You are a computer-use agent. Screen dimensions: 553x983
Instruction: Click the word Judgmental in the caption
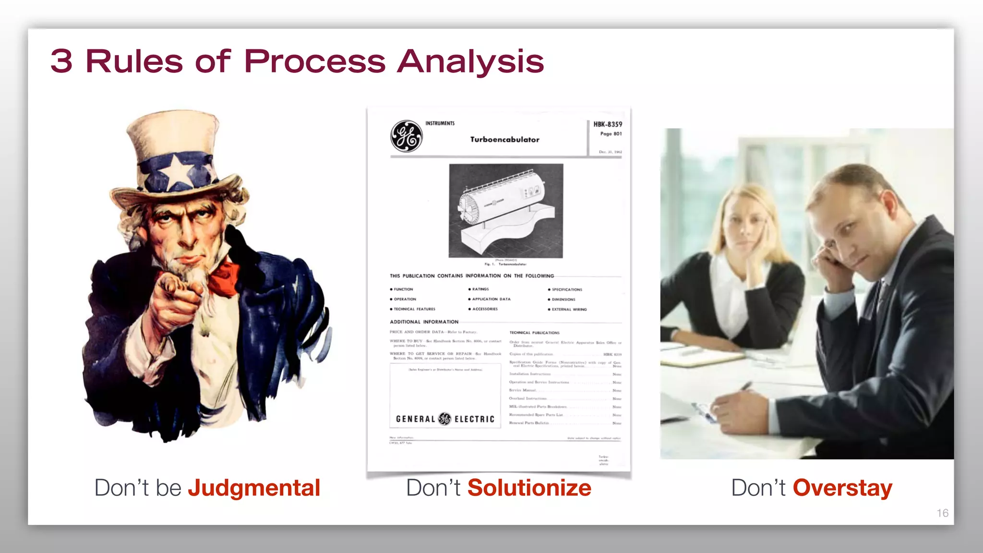[x=254, y=488]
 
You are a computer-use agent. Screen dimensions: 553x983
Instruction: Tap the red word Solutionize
[x=529, y=488]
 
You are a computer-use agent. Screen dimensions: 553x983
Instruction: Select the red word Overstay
[x=842, y=488]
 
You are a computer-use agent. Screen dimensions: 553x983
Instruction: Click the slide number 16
[x=942, y=513]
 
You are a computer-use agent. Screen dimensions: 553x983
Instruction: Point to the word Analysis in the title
[x=470, y=62]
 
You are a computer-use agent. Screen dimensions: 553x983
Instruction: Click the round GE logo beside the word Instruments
[x=407, y=136]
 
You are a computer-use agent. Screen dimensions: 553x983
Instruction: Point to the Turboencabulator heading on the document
[x=504, y=140]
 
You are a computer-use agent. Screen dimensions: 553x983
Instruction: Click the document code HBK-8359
[x=607, y=124]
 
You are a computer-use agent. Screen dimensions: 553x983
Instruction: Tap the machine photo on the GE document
[x=506, y=211]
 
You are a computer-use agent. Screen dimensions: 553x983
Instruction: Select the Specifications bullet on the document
[x=566, y=289]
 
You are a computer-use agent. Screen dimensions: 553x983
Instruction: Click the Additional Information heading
[x=424, y=322]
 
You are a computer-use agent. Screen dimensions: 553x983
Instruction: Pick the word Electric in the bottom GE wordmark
[x=474, y=419]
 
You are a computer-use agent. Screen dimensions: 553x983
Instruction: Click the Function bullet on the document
[x=403, y=289]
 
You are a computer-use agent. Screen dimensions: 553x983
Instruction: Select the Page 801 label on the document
[x=611, y=134]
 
